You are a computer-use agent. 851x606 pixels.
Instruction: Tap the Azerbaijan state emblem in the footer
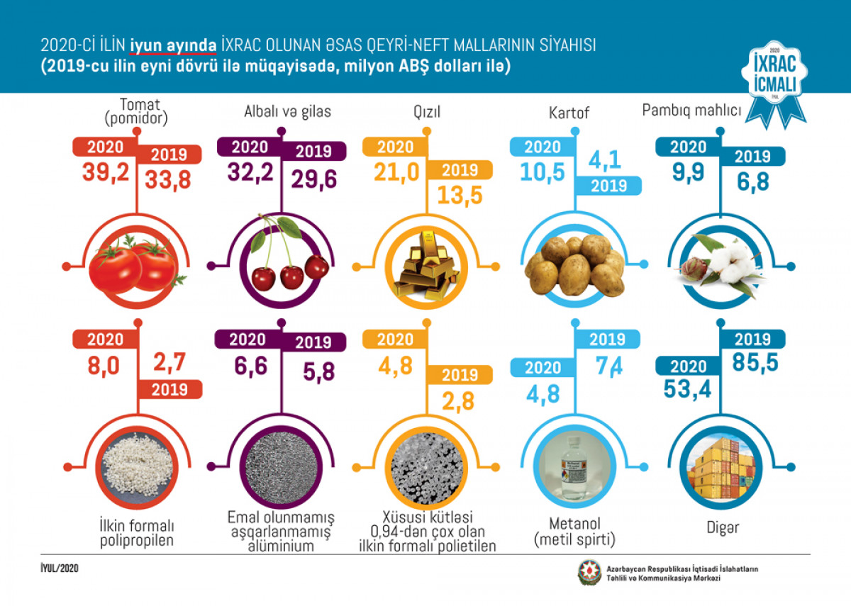(x=590, y=573)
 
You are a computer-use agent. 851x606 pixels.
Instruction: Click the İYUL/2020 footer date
(x=60, y=568)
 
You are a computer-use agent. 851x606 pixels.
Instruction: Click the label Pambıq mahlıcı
(x=691, y=111)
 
